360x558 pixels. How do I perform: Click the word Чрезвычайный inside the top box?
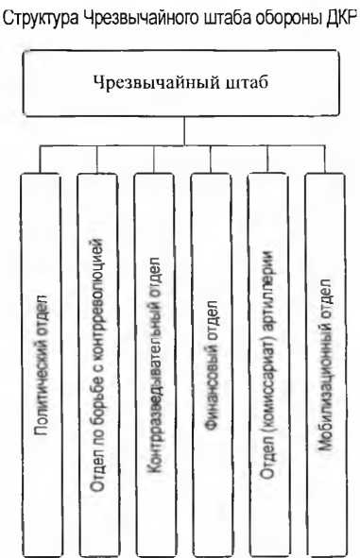click(x=157, y=83)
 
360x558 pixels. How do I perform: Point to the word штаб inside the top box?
click(x=247, y=82)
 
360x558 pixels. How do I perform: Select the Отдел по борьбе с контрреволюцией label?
click(x=97, y=364)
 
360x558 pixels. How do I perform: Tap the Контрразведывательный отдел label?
click(x=154, y=364)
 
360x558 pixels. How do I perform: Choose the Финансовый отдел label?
click(x=211, y=364)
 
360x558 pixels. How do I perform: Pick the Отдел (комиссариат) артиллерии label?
click(x=267, y=364)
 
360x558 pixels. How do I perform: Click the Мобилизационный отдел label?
click(x=325, y=364)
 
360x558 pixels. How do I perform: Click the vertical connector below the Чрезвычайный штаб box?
click(x=184, y=130)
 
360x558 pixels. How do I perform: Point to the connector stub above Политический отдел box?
click(x=41, y=159)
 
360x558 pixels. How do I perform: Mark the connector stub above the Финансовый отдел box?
click(x=211, y=159)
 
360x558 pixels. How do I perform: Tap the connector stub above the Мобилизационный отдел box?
click(x=325, y=159)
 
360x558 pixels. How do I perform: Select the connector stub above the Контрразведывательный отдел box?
click(x=154, y=159)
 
